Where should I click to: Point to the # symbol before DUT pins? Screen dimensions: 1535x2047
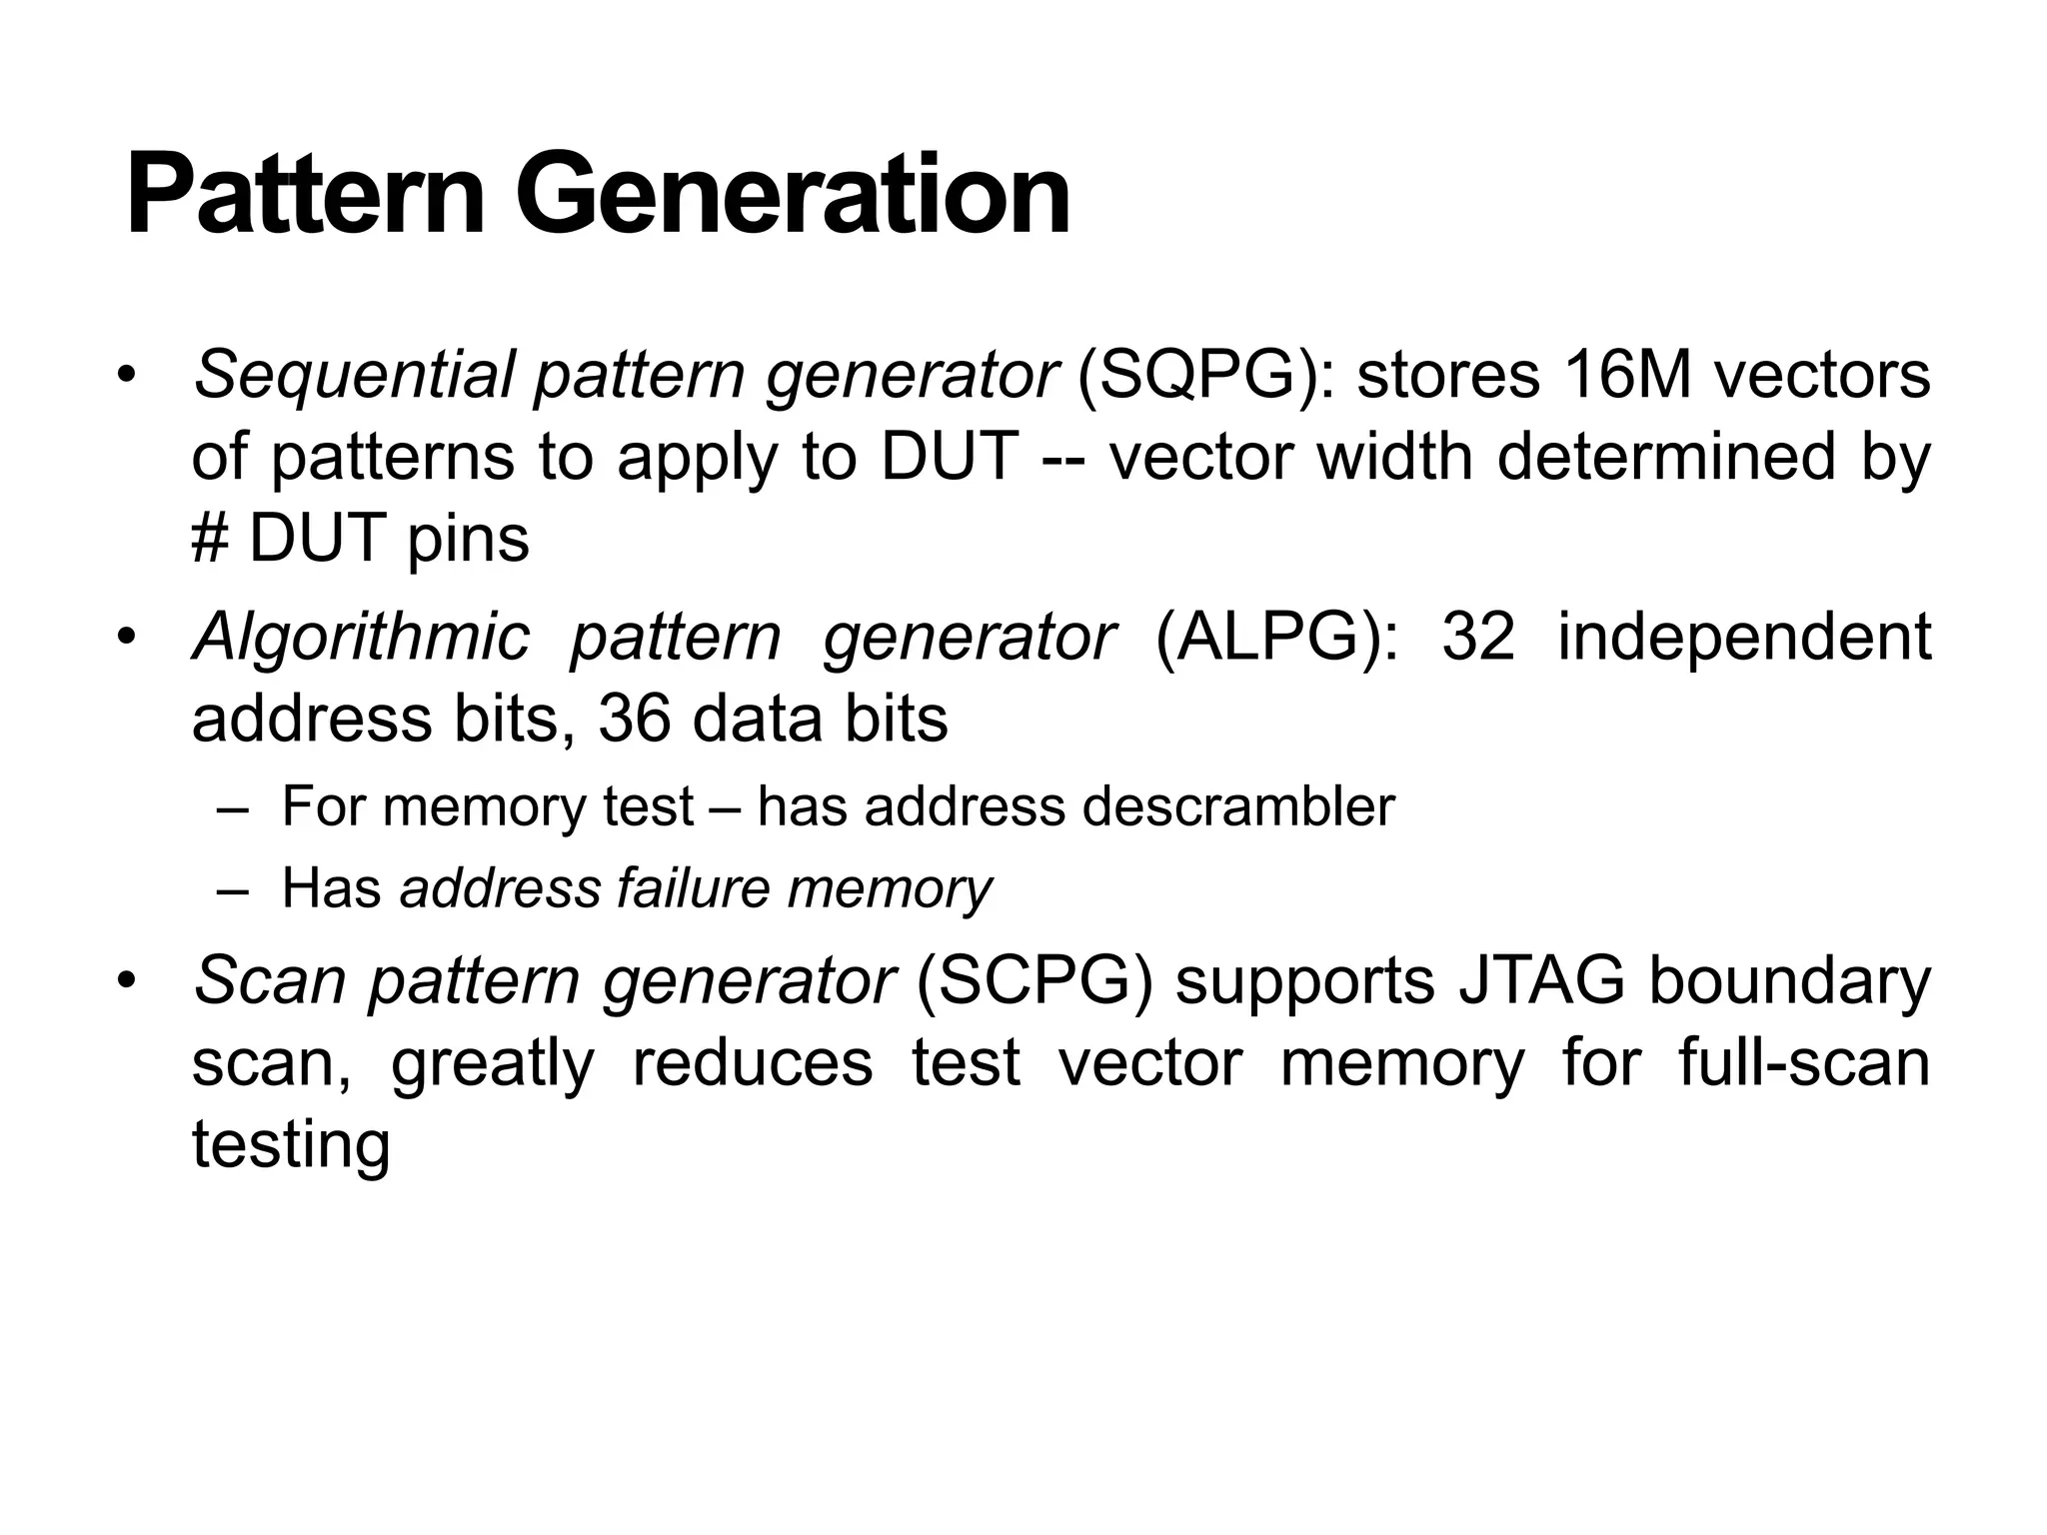210,540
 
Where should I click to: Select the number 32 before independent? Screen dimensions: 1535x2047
1477,638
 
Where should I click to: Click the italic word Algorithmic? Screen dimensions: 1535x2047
360,638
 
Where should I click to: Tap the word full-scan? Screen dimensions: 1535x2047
1804,1063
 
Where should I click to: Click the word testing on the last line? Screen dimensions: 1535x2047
290,1145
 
